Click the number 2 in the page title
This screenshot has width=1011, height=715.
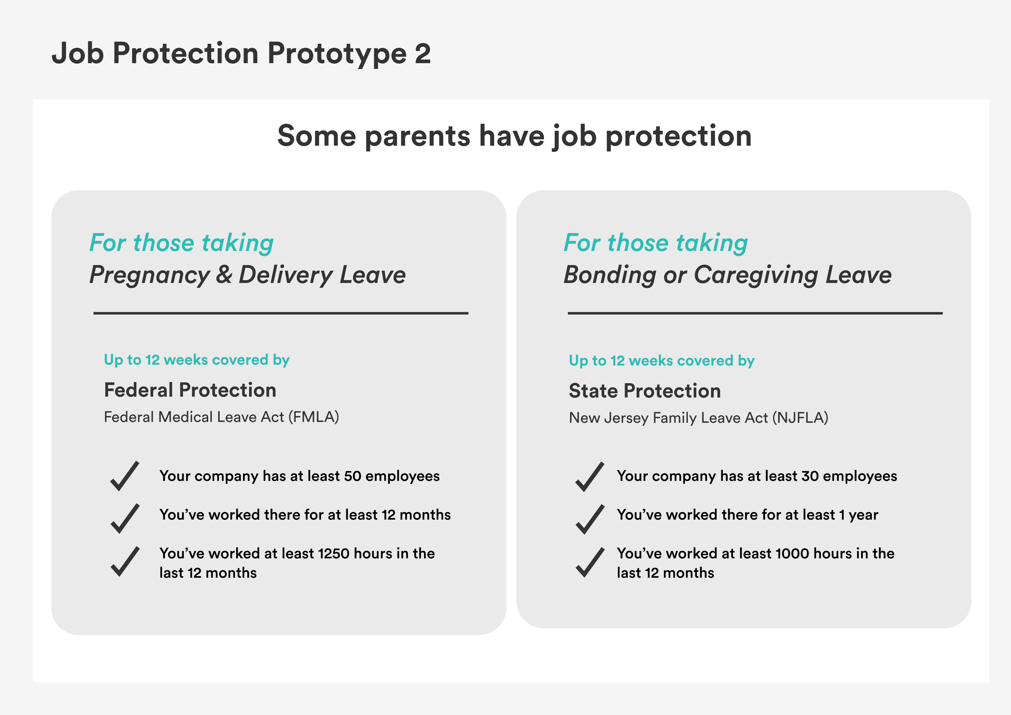pos(422,54)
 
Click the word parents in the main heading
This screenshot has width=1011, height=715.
pos(417,136)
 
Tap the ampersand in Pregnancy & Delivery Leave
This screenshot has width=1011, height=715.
pos(224,275)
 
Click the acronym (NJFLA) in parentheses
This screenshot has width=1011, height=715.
pos(800,418)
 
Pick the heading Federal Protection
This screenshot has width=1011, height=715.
pos(190,390)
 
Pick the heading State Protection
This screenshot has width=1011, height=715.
pos(644,391)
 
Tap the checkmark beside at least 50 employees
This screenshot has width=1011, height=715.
pos(125,476)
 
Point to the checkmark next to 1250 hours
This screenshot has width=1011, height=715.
pos(125,562)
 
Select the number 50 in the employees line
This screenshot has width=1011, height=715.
pos(352,476)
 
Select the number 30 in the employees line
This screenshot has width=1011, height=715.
pos(809,476)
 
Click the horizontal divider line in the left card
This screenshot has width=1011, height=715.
pos(281,313)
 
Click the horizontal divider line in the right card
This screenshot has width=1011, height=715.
pos(755,313)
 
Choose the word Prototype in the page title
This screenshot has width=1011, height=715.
pos(337,54)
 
